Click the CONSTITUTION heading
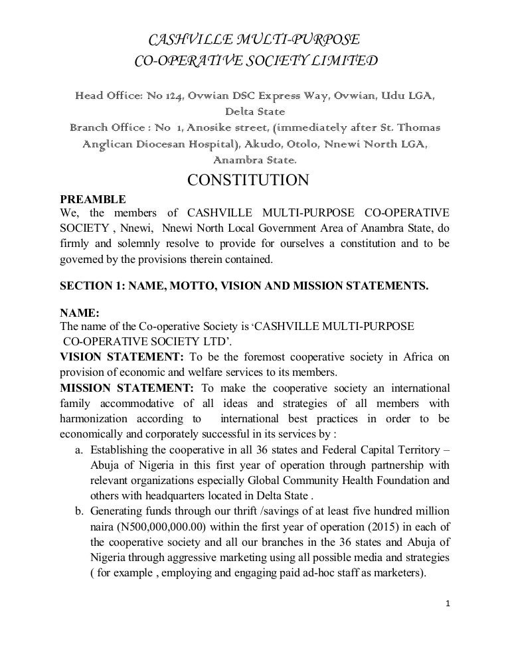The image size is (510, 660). [248, 180]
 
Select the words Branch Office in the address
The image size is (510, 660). [107, 127]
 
